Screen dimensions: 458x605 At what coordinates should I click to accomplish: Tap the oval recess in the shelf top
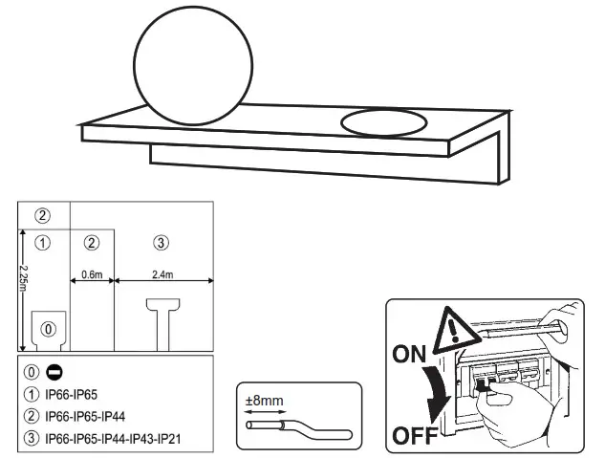[383, 123]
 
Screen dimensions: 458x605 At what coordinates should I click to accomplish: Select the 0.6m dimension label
[92, 273]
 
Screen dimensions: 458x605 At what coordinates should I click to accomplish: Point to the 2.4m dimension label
[162, 273]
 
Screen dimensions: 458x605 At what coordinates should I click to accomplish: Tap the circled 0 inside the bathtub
[48, 328]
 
